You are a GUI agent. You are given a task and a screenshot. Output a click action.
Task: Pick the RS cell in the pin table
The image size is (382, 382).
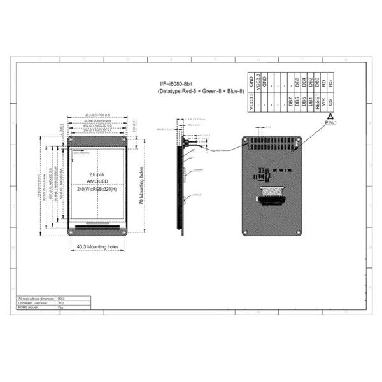(330, 82)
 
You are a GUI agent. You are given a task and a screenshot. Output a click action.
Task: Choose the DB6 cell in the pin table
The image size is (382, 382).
(297, 82)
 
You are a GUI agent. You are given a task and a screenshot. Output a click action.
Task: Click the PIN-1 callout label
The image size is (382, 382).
(330, 124)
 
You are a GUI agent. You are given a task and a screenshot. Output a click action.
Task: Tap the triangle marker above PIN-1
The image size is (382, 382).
(330, 117)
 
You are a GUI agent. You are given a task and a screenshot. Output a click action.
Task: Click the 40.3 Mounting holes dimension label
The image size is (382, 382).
(97, 246)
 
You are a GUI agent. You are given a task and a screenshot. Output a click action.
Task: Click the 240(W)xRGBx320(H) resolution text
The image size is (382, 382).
(97, 189)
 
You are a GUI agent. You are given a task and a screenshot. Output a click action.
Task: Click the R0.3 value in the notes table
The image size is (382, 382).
(62, 298)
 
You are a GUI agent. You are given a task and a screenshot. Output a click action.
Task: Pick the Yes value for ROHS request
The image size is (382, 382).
(61, 307)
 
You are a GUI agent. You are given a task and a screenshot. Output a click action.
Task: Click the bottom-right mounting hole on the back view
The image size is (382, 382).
(297, 233)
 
